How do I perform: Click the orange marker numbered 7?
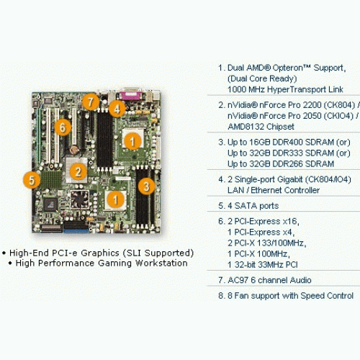[91, 102]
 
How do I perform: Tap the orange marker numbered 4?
[117, 109]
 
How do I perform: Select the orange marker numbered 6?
[63, 127]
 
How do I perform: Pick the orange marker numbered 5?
[32, 180]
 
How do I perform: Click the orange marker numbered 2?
[78, 171]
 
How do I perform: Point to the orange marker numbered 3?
[146, 186]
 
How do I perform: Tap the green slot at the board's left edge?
[38, 135]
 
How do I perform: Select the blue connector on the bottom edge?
[76, 231]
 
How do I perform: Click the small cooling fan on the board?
[80, 199]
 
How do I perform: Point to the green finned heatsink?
[51, 179]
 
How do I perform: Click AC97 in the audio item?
[238, 280]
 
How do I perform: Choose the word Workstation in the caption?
[161, 264]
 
